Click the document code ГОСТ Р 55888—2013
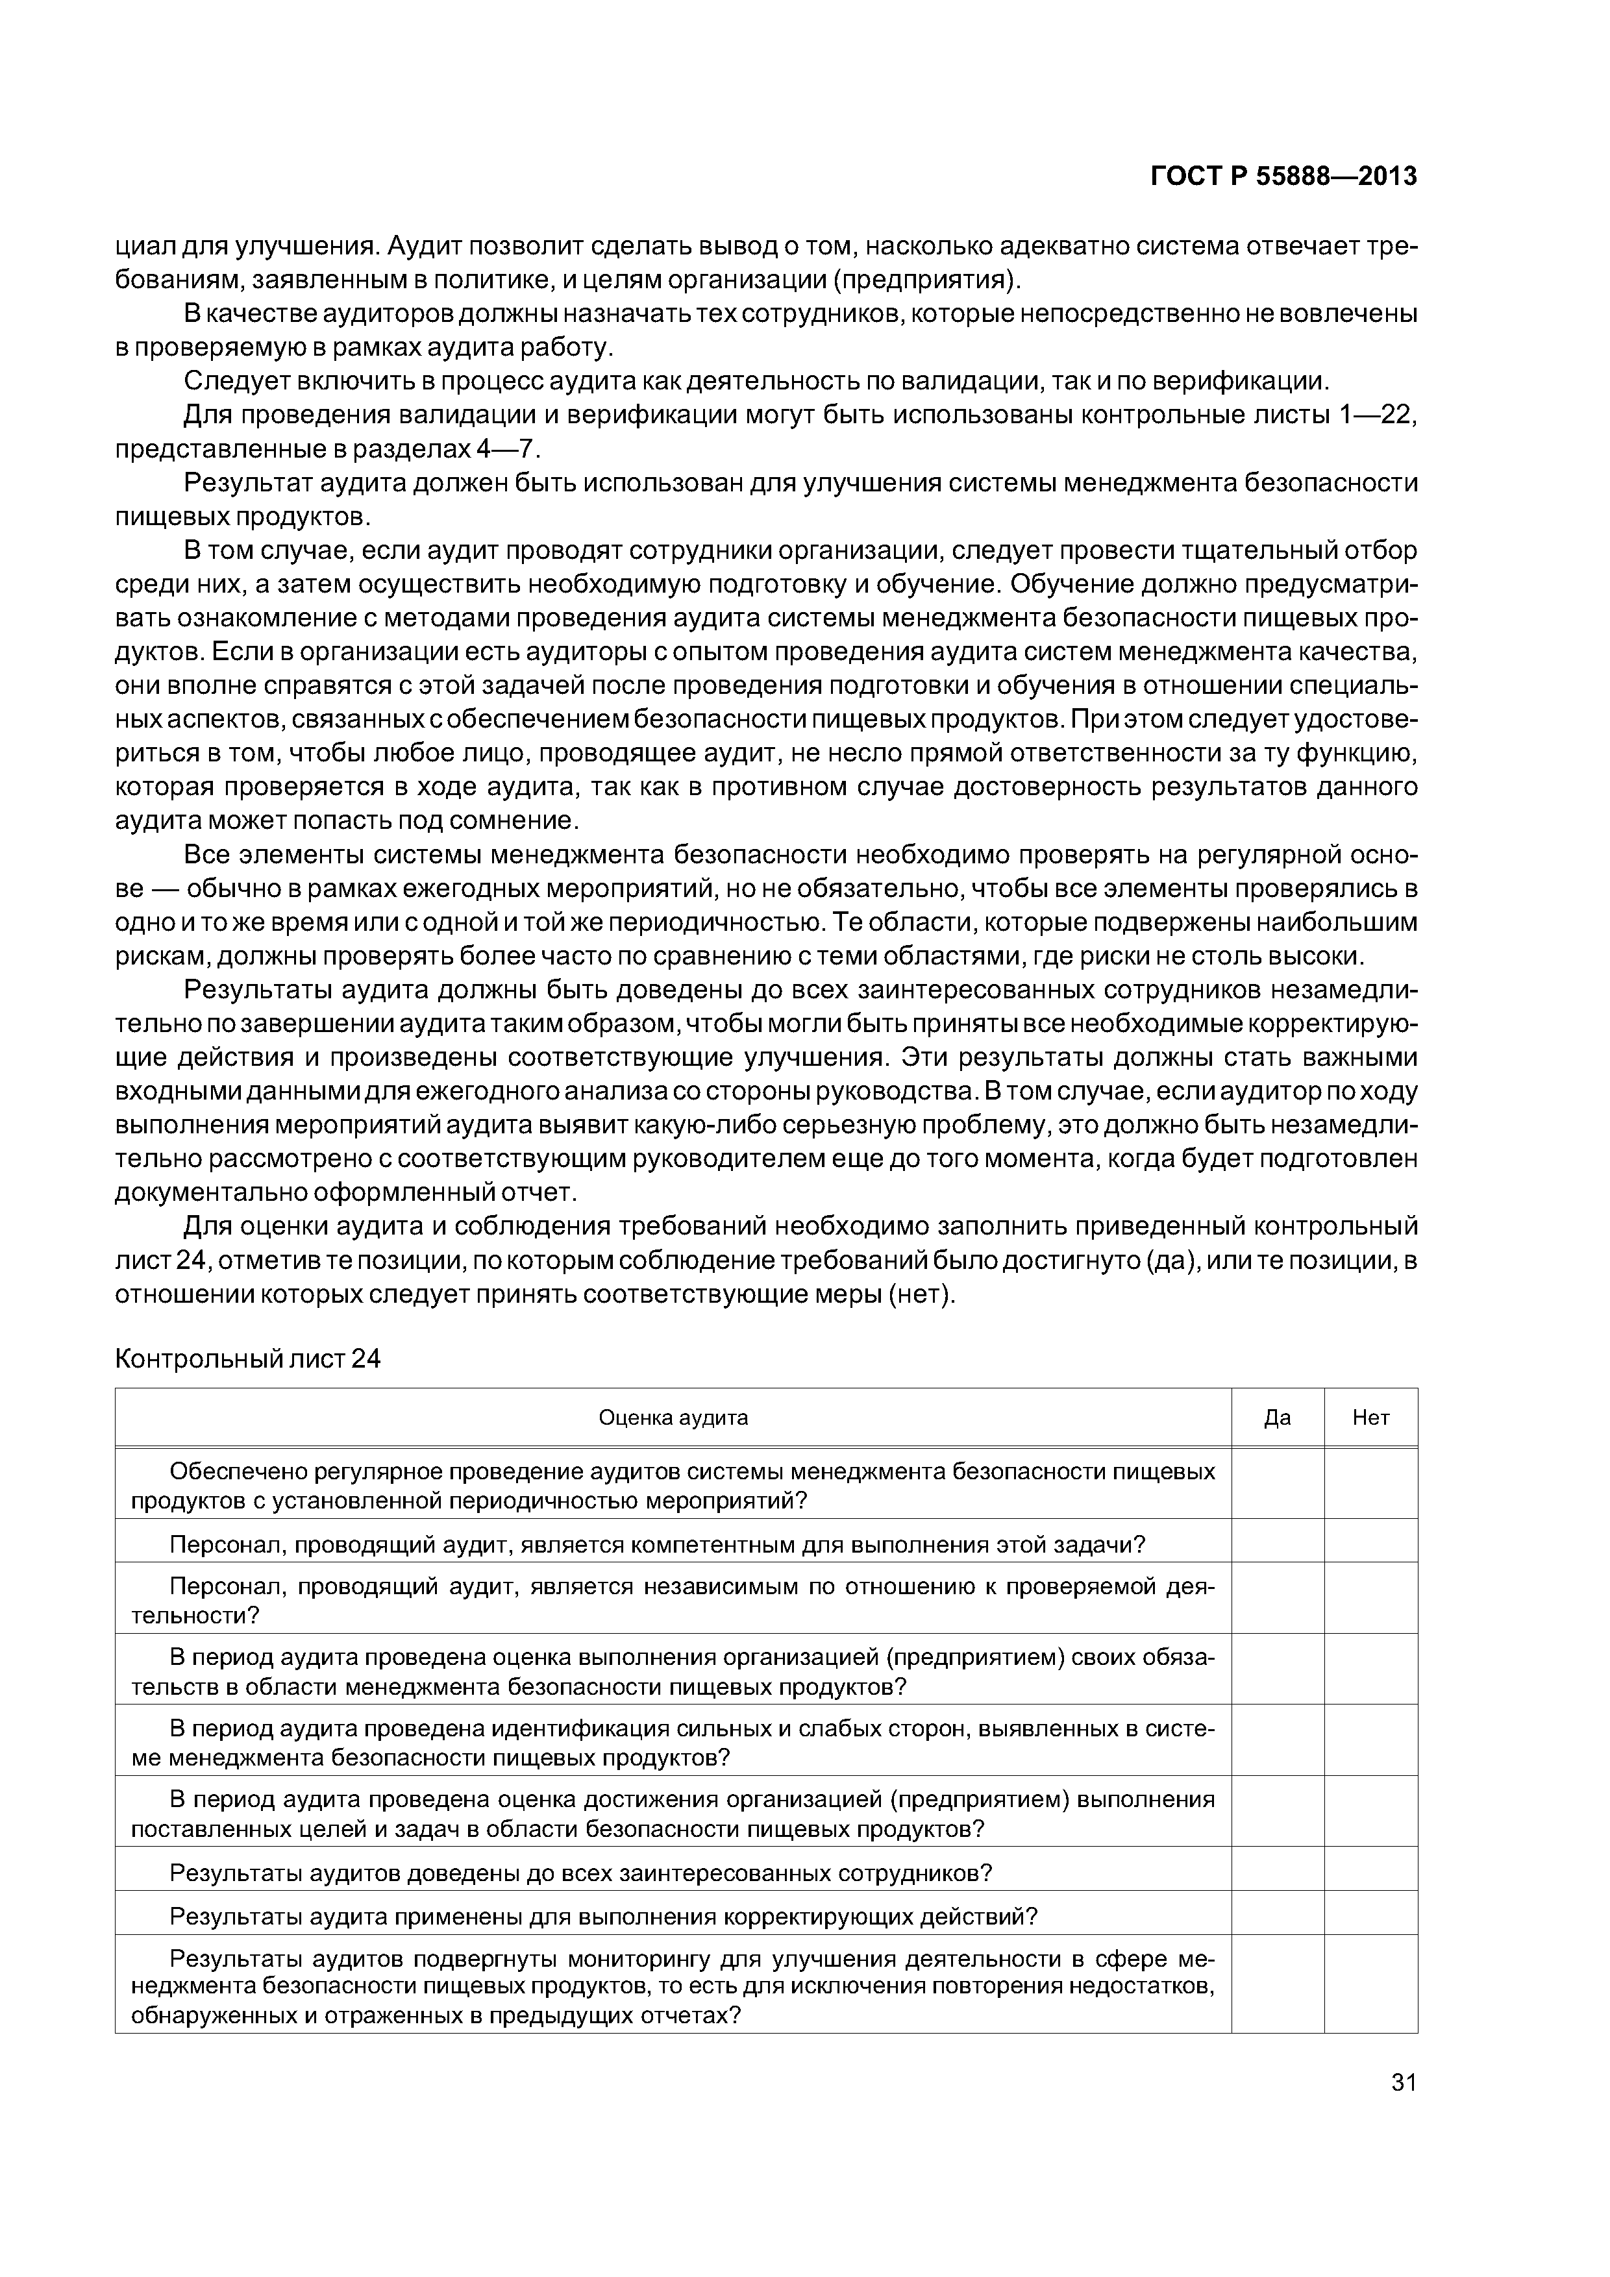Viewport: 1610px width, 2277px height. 1283,177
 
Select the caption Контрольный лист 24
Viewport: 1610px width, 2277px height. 248,1359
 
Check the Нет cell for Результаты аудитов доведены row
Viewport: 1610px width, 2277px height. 1371,1873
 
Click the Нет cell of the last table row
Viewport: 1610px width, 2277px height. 1371,1988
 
